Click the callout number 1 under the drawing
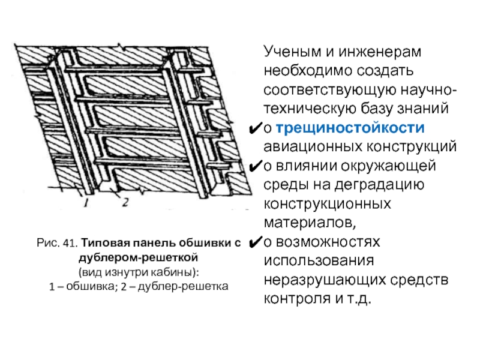(x=88, y=202)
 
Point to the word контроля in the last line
(x=292, y=299)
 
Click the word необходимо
(x=304, y=71)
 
